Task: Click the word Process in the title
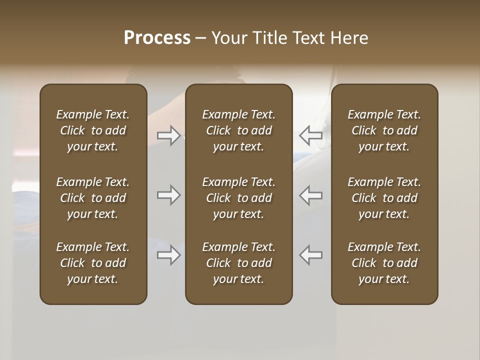pyautogui.click(x=157, y=38)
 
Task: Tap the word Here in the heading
pyautogui.click(x=349, y=38)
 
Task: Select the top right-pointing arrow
pyautogui.click(x=169, y=135)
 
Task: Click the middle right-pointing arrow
pyautogui.click(x=169, y=195)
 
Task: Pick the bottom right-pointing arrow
pyautogui.click(x=169, y=255)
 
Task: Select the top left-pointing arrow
pyautogui.click(x=310, y=135)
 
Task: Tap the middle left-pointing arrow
pyautogui.click(x=310, y=195)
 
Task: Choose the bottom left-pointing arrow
pyautogui.click(x=310, y=255)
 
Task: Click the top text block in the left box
pyautogui.click(x=93, y=130)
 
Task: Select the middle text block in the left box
pyautogui.click(x=93, y=198)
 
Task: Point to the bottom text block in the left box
pyautogui.click(x=93, y=263)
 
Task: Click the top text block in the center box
pyautogui.click(x=238, y=130)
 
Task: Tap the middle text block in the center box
pyautogui.click(x=238, y=198)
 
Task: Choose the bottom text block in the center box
pyautogui.click(x=238, y=263)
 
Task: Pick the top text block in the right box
pyautogui.click(x=384, y=130)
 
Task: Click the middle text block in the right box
pyautogui.click(x=384, y=198)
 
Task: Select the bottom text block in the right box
pyautogui.click(x=384, y=263)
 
